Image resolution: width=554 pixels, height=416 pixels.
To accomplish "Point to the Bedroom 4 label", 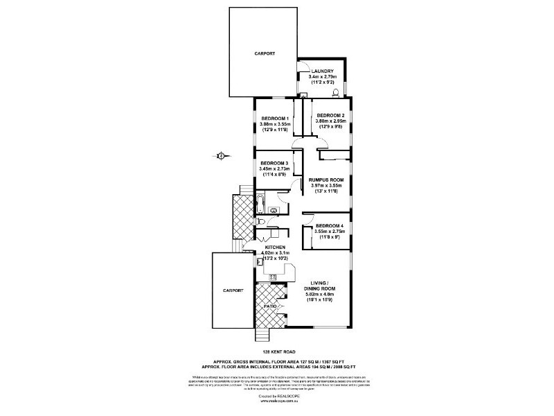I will tap(330, 226).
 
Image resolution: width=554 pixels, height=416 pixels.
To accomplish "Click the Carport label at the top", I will tap(265, 53).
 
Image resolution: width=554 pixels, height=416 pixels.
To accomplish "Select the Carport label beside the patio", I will tap(233, 291).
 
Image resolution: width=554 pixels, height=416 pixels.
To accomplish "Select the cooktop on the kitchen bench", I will tap(272, 277).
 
